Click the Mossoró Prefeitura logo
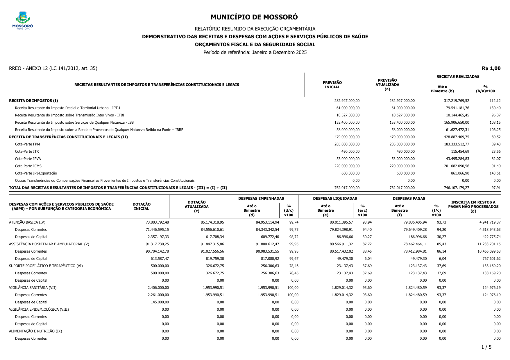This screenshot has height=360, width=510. (x=23, y=20)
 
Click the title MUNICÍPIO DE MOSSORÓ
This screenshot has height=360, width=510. (x=254, y=17)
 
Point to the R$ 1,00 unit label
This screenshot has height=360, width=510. (x=491, y=69)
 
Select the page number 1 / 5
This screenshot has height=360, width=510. (x=486, y=347)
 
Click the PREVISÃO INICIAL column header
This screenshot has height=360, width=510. (x=332, y=85)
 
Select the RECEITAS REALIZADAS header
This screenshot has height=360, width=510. (x=458, y=77)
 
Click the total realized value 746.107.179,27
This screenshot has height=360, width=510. (x=456, y=188)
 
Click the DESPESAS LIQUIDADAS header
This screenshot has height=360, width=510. (x=335, y=199)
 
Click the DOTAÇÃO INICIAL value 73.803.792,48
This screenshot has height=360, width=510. (x=157, y=222)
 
